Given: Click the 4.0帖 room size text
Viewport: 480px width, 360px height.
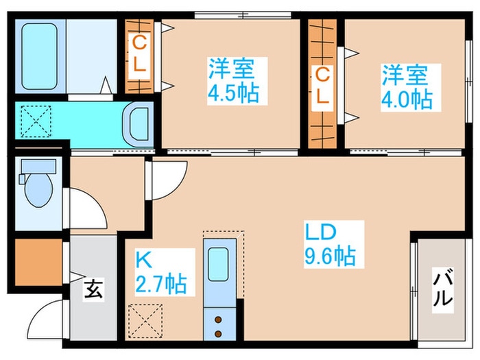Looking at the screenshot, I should click(x=407, y=99).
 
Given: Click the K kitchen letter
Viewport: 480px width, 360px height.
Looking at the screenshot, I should click(x=143, y=259).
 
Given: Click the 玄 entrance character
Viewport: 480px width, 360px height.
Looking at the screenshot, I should click(x=93, y=289).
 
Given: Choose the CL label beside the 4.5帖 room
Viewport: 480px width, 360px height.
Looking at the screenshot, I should click(x=140, y=56).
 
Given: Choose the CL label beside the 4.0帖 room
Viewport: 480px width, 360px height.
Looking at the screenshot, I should click(x=321, y=86).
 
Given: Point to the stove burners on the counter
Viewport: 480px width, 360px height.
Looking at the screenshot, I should click(x=219, y=326).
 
